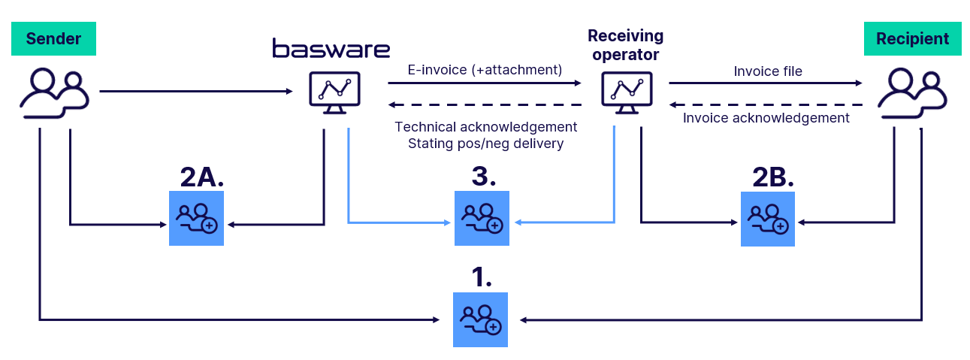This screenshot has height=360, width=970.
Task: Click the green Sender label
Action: pos(53,38)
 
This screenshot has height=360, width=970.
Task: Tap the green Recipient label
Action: pos(912,38)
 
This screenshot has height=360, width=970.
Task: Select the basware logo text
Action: pos(331,49)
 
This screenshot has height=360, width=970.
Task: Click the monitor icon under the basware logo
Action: pos(334,92)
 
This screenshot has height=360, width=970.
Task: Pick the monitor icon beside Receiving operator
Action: pos(626,92)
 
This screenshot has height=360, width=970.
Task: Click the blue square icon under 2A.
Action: pos(196,219)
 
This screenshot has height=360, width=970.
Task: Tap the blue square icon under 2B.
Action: pos(767,219)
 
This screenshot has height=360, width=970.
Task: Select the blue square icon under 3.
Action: pos(482,219)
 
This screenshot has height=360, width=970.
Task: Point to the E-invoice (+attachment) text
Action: pos(485,70)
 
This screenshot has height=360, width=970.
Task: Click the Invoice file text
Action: pos(768,71)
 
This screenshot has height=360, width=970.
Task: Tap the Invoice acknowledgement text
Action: pos(766,118)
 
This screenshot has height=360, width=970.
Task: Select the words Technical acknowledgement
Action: pos(485,127)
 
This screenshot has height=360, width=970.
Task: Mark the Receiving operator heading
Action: pos(625,45)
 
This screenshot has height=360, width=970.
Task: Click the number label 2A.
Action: pos(202,177)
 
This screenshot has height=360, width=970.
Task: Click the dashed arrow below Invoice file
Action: pos(766,104)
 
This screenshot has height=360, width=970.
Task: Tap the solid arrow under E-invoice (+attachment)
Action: pos(485,83)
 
